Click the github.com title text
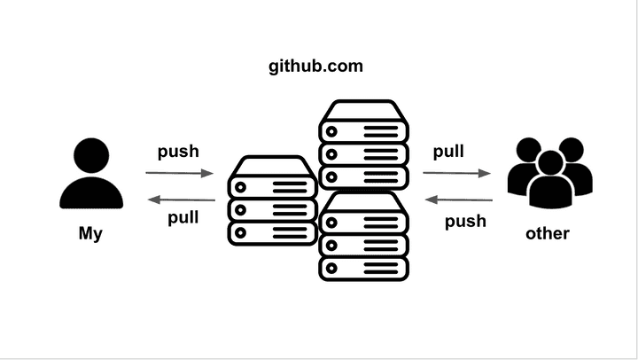pyautogui.click(x=315, y=67)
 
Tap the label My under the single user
pyautogui.click(x=91, y=234)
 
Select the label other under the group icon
pyautogui.click(x=547, y=234)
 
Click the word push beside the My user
pyautogui.click(x=178, y=151)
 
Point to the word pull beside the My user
pyautogui.click(x=183, y=217)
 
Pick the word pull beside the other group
pyautogui.click(x=448, y=152)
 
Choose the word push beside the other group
pyautogui.click(x=465, y=221)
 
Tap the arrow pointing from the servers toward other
pyautogui.click(x=459, y=174)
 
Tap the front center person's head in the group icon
pyautogui.click(x=550, y=163)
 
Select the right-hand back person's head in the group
pyautogui.click(x=571, y=148)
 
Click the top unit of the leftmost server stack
pyautogui.click(x=272, y=185)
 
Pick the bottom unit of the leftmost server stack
pyautogui.click(x=272, y=233)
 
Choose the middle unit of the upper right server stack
pyautogui.click(x=364, y=153)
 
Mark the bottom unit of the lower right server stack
pyautogui.click(x=364, y=268)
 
